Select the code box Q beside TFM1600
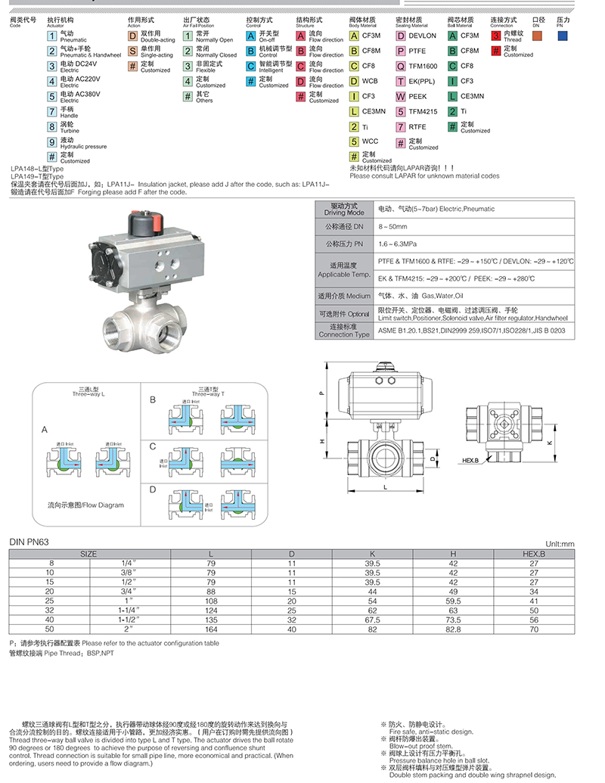point(401,66)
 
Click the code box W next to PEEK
point(401,96)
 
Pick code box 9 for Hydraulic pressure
point(52,141)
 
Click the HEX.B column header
point(534,554)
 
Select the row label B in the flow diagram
point(152,399)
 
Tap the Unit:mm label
point(560,543)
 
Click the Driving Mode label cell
point(344,209)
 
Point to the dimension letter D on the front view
point(432,458)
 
